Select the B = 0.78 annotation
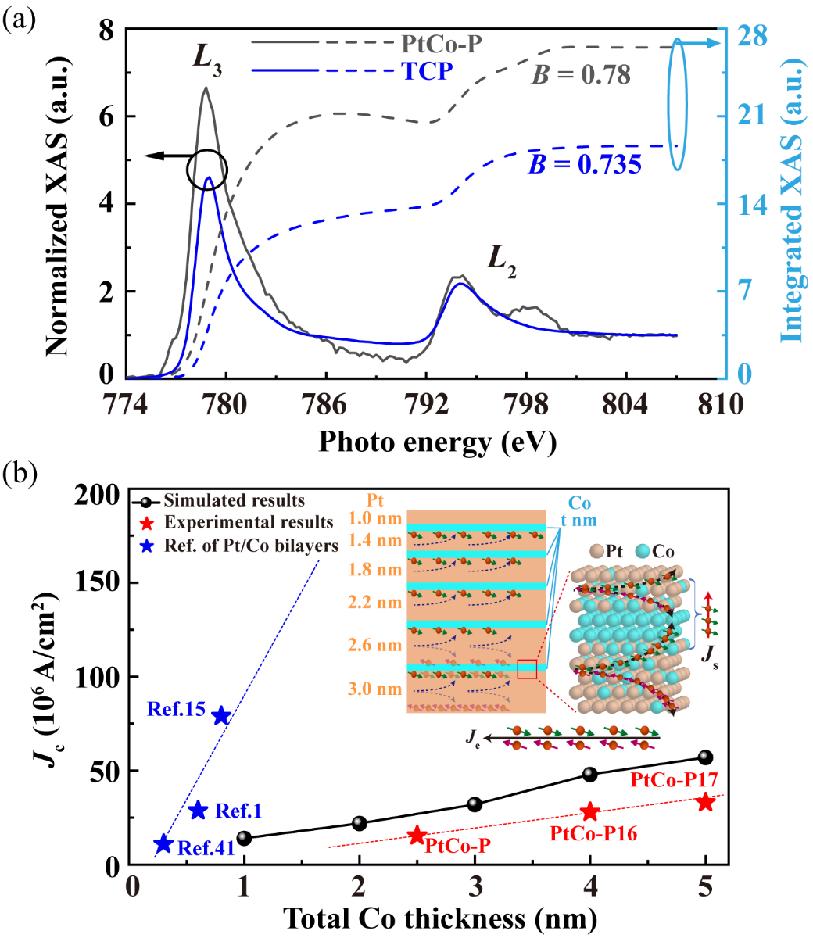582,76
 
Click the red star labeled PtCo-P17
705,803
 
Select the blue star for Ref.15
221,716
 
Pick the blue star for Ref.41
163,844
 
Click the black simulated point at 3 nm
475,804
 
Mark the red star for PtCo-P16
590,812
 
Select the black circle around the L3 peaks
207,169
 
